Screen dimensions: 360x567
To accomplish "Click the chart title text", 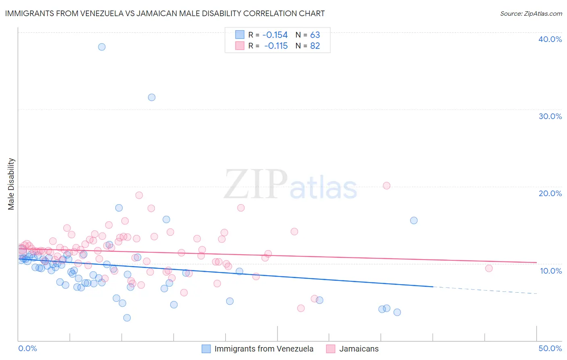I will click(x=165, y=13).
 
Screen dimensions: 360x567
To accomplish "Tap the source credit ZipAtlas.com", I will click(x=531, y=13).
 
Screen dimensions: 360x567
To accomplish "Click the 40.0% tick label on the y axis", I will click(x=550, y=39).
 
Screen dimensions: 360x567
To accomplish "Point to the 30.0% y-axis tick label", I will click(x=550, y=116).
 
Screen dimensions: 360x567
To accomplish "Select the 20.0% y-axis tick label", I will click(x=550, y=193).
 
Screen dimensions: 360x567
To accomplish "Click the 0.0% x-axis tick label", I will click(x=27, y=348).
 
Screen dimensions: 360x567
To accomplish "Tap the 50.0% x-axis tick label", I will click(x=550, y=348).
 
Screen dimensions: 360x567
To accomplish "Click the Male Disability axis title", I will click(x=11, y=184).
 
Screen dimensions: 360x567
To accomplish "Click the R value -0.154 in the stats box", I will click(x=275, y=35).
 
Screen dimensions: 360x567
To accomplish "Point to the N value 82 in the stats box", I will click(x=315, y=46).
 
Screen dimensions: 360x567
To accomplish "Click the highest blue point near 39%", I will click(x=102, y=47).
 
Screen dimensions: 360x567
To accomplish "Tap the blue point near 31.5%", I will click(x=152, y=97).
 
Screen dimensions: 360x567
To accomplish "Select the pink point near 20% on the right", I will click(x=386, y=186).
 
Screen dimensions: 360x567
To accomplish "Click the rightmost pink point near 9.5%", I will click(x=489, y=268).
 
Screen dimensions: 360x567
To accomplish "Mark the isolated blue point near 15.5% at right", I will click(x=414, y=220).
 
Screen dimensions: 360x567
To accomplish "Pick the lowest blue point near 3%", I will click(x=127, y=318).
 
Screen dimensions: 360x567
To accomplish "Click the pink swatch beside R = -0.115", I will click(x=240, y=46).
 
